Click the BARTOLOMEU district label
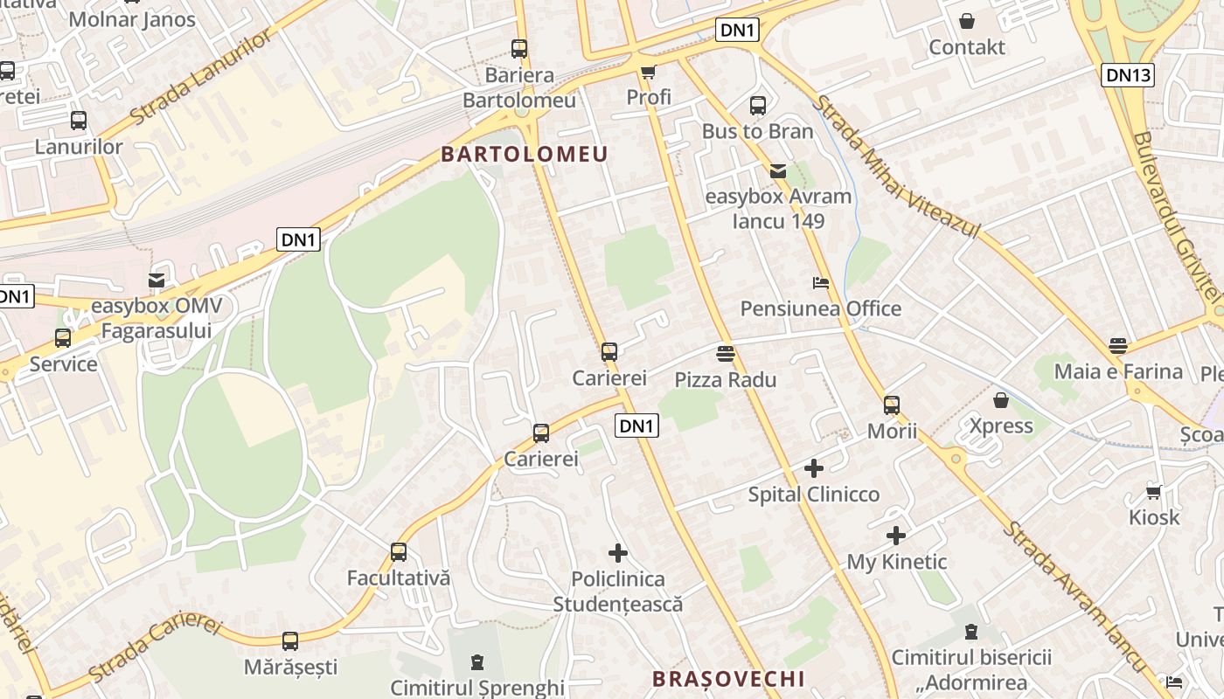(524, 155)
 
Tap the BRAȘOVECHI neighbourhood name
(728, 679)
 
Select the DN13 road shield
(1128, 75)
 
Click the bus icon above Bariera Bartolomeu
(519, 49)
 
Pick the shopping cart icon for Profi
(648, 72)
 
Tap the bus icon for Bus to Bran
(758, 106)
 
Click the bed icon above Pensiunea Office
(820, 283)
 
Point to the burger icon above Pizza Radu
(725, 354)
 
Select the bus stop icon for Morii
(892, 405)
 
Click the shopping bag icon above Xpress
(1001, 400)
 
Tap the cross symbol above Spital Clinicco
(814, 468)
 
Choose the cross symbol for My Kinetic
(896, 536)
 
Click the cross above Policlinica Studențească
(618, 553)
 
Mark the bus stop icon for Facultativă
(399, 552)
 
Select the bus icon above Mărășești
(290, 641)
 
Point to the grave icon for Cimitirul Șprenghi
(476, 662)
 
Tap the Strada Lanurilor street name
(202, 76)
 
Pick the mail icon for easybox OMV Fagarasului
(156, 280)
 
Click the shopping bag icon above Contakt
(967, 21)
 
